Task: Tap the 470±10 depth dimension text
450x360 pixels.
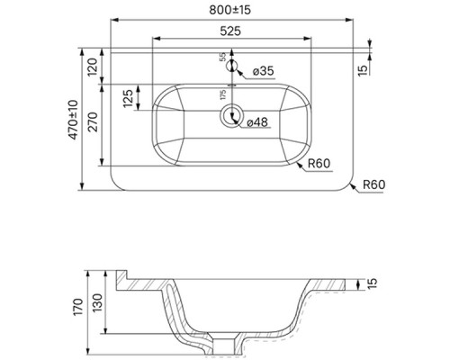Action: tap(83, 117)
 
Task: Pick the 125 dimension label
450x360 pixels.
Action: tap(127, 96)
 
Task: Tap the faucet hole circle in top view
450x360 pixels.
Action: tap(232, 65)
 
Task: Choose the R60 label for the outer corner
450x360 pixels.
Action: tap(374, 186)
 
